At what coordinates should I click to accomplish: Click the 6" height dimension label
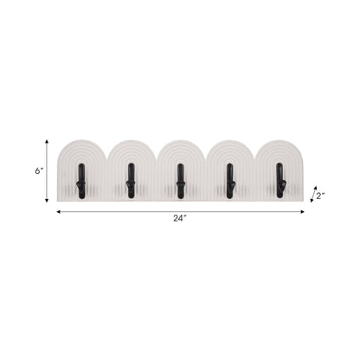click(39, 171)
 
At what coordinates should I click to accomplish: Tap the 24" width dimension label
click(179, 220)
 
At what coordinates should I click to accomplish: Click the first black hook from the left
click(80, 179)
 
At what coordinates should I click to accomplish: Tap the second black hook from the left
click(130, 179)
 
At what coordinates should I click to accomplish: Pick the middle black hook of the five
click(180, 179)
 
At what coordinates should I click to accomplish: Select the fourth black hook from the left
click(230, 179)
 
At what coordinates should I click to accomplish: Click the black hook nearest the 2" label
click(280, 179)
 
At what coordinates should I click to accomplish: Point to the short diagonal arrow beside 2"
click(313, 196)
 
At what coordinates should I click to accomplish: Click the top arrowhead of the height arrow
click(48, 140)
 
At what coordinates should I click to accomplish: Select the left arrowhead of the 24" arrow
click(59, 210)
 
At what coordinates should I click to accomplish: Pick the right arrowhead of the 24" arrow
click(303, 210)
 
